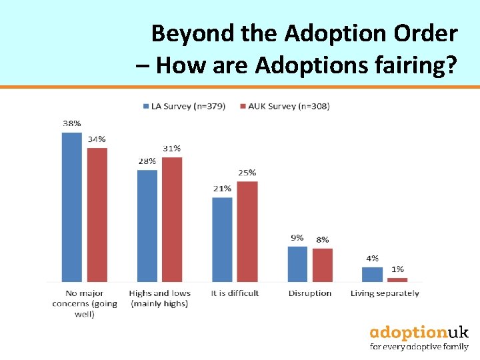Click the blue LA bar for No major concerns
click(x=71, y=207)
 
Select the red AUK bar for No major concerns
click(x=97, y=215)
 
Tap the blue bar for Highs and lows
click(x=147, y=225)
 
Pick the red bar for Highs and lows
click(x=172, y=219)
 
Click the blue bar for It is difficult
click(x=222, y=239)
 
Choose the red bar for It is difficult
click(x=247, y=231)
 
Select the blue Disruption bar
click(x=297, y=264)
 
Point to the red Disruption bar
click(x=322, y=265)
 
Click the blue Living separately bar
click(x=372, y=274)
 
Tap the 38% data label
click(x=72, y=123)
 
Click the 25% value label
click(x=247, y=173)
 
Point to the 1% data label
click(x=397, y=269)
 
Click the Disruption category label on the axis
click(x=310, y=293)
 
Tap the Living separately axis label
click(x=385, y=293)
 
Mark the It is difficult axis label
click(x=235, y=293)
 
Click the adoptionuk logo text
click(x=419, y=332)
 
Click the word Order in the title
click(x=425, y=33)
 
